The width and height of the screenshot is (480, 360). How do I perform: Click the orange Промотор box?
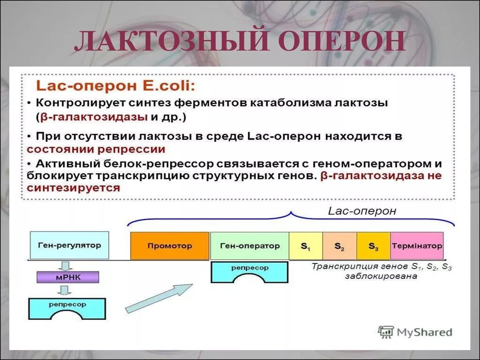170,246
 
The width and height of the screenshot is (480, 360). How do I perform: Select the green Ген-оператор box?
249,246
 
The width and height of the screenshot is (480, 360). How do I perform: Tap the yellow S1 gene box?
305,246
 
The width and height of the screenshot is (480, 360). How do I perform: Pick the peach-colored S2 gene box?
339,246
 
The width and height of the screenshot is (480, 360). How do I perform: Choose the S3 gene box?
373,246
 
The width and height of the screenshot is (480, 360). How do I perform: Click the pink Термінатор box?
417,246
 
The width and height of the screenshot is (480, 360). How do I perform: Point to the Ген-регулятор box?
69,245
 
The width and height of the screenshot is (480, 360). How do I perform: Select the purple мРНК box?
68,277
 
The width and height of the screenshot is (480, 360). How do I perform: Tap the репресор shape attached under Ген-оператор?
249,270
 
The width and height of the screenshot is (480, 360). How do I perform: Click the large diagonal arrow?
159,298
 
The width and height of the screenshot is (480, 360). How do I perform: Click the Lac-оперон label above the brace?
362,211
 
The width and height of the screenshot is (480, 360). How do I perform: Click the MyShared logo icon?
386,332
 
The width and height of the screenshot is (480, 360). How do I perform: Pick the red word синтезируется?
74,188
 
